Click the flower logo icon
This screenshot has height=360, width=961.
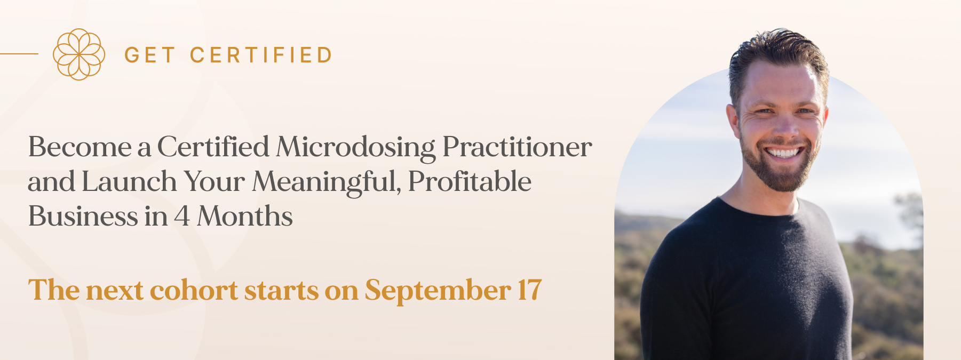point(79,54)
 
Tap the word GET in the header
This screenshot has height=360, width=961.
point(149,55)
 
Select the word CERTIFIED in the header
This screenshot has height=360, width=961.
point(261,55)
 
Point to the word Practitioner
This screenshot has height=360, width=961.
point(517,147)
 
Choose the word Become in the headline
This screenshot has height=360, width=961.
point(80,147)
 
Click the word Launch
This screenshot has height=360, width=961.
point(129,181)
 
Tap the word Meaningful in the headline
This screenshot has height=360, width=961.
point(327,182)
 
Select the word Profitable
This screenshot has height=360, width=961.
point(470,181)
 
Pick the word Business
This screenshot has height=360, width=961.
point(83,216)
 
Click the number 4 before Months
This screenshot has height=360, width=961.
point(182,217)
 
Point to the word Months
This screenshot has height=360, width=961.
point(245,216)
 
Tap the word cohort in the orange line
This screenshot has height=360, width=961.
point(194,290)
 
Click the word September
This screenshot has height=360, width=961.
point(438,291)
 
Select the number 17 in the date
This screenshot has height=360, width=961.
point(529,290)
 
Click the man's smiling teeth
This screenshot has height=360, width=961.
point(783,153)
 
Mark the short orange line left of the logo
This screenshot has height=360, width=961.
point(19,54)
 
